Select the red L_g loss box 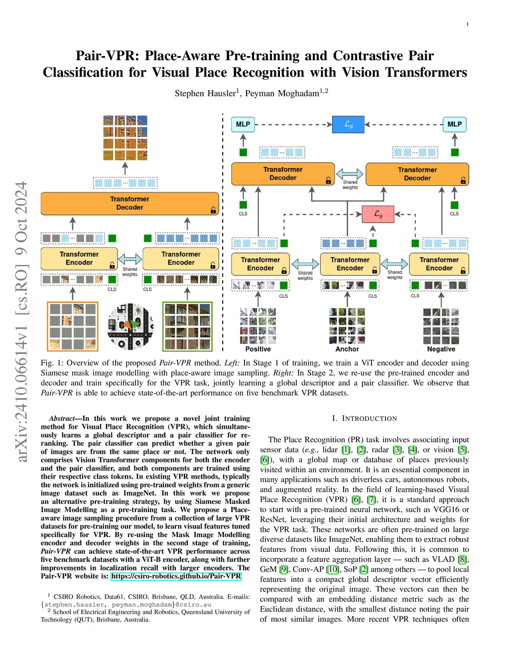tap(378, 214)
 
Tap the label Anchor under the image tap(347, 349)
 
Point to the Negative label tap(441, 349)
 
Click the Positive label tap(258, 349)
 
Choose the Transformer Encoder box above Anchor tap(350, 264)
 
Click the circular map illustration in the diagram tap(130, 326)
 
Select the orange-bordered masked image tap(73, 326)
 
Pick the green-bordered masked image tap(187, 326)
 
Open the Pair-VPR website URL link tap(176, 576)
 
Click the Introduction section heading tap(364, 418)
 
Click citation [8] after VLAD tap(463, 559)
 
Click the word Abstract tap(61, 418)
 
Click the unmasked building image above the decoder tap(125, 137)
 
